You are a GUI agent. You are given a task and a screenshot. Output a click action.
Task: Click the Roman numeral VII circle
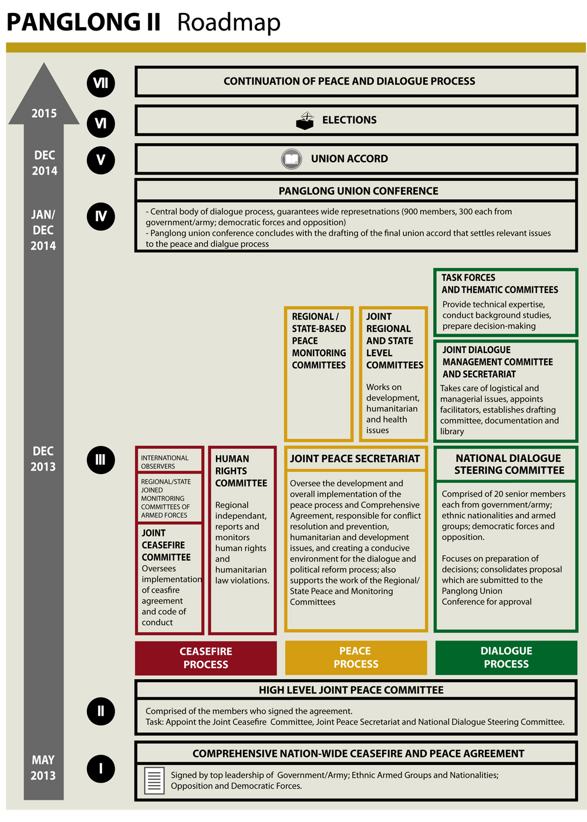tap(100, 83)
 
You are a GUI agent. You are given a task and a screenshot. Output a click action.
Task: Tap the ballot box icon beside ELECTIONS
tap(305, 120)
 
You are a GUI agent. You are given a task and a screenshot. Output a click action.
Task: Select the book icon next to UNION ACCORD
tap(292, 159)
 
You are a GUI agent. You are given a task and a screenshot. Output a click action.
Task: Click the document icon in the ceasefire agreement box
tap(154, 781)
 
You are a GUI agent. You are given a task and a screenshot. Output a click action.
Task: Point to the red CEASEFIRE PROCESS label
tap(205, 658)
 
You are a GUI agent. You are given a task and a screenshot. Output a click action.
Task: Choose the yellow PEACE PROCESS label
tap(356, 657)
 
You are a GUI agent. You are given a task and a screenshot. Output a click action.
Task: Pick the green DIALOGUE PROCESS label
tap(506, 657)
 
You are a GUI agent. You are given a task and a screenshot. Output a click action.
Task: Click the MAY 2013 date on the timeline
tap(43, 767)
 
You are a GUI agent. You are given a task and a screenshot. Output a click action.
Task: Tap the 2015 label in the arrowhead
tap(44, 113)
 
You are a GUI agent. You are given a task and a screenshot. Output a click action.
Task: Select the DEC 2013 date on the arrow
tap(43, 459)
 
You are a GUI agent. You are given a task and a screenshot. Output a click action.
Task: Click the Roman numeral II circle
tap(100, 711)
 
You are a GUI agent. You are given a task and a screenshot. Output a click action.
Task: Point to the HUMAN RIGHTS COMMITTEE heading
tap(241, 471)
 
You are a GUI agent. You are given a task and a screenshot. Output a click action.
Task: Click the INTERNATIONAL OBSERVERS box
tap(168, 462)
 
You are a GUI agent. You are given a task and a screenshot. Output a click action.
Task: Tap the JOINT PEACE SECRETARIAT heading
tap(355, 459)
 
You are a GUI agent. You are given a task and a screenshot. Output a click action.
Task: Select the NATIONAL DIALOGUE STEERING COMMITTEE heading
tap(508, 464)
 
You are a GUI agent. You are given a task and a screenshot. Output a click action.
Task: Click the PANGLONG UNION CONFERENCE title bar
tap(358, 191)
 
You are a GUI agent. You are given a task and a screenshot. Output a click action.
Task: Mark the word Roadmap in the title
tap(229, 22)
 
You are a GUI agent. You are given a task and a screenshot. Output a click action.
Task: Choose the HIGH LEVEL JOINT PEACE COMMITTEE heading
tap(351, 690)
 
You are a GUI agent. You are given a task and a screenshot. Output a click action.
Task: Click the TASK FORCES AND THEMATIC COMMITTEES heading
tap(500, 283)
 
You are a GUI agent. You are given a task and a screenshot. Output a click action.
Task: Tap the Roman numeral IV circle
tap(100, 216)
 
